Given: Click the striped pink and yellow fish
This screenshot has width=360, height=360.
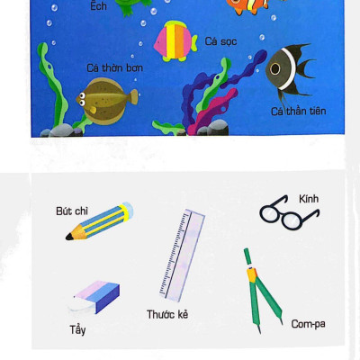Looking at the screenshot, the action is tap(175, 40).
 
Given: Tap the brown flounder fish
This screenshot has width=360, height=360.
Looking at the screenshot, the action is tap(106, 102).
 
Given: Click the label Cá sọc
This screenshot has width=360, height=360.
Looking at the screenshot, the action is tap(220, 41).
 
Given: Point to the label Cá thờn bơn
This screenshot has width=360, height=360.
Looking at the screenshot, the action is tap(114, 68).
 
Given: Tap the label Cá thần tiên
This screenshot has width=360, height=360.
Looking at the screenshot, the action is tap(299, 112).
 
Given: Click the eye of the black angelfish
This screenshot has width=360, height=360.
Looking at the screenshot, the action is tap(274, 69).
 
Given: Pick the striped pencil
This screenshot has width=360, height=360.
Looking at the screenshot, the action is tap(100, 221).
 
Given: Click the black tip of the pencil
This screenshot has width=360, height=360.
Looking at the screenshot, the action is tap(69, 237).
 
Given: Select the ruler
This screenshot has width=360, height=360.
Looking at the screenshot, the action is tap(182, 256).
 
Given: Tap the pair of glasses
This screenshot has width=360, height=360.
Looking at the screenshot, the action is tap(289, 212).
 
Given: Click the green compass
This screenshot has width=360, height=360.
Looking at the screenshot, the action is tap(262, 290).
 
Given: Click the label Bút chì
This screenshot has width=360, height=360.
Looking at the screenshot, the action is tap(72, 211).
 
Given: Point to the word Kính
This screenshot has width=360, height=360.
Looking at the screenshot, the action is tap(309, 199).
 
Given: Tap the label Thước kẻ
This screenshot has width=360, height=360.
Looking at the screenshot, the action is tap(167, 314).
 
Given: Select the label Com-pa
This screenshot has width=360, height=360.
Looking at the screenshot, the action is tap(308, 324).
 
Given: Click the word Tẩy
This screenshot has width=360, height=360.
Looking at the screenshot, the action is tap(77, 330).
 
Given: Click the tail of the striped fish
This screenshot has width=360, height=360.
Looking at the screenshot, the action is tap(194, 43).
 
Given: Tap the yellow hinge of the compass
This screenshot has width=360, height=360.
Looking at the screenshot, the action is tap(252, 274).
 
